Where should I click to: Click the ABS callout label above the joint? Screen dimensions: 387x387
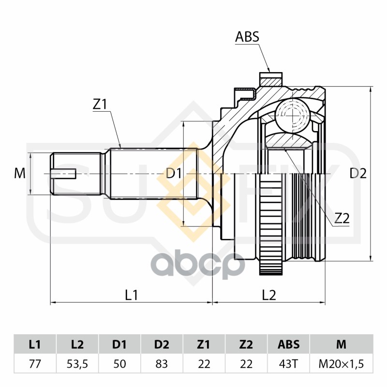pyautogui.click(x=247, y=37)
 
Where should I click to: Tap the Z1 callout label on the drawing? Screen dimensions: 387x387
pyautogui.click(x=100, y=104)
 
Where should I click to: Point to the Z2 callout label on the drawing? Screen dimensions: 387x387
pyautogui.click(x=342, y=218)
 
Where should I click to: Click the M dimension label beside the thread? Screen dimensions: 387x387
pyautogui.click(x=20, y=173)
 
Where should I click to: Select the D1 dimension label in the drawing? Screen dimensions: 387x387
pyautogui.click(x=174, y=173)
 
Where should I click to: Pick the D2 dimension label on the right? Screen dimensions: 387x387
pyautogui.click(x=358, y=173)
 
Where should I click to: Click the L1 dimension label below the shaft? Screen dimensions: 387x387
pyautogui.click(x=131, y=295)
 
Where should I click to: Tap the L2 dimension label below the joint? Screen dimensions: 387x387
pyautogui.click(x=269, y=295)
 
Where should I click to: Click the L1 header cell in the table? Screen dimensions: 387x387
pyautogui.click(x=35, y=344)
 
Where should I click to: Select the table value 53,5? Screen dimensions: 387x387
pyautogui.click(x=77, y=364)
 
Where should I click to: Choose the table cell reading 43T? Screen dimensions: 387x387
pyautogui.click(x=288, y=364)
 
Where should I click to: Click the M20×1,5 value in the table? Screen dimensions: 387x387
pyautogui.click(x=342, y=364)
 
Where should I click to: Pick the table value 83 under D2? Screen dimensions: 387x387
pyautogui.click(x=162, y=364)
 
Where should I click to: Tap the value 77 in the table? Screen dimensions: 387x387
pyautogui.click(x=35, y=364)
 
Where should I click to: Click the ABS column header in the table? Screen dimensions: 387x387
pyautogui.click(x=288, y=344)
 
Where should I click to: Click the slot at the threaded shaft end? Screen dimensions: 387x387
pyautogui.click(x=63, y=174)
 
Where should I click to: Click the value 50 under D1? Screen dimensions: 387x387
pyautogui.click(x=119, y=364)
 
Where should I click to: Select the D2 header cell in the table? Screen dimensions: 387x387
pyautogui.click(x=162, y=344)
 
